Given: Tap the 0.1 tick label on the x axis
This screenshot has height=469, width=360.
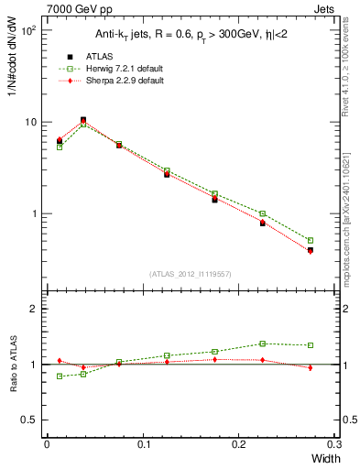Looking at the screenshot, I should click(x=142, y=445).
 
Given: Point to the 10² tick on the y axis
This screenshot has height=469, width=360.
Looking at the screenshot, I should click(x=27, y=30).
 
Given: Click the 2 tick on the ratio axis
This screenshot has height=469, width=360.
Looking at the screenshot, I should click(x=34, y=309).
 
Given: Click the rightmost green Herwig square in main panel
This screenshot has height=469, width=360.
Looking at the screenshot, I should click(x=311, y=241).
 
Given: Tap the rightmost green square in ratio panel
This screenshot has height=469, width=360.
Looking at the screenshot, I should click(x=311, y=345).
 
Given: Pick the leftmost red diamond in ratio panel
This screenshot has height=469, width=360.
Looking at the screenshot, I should click(x=60, y=361).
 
